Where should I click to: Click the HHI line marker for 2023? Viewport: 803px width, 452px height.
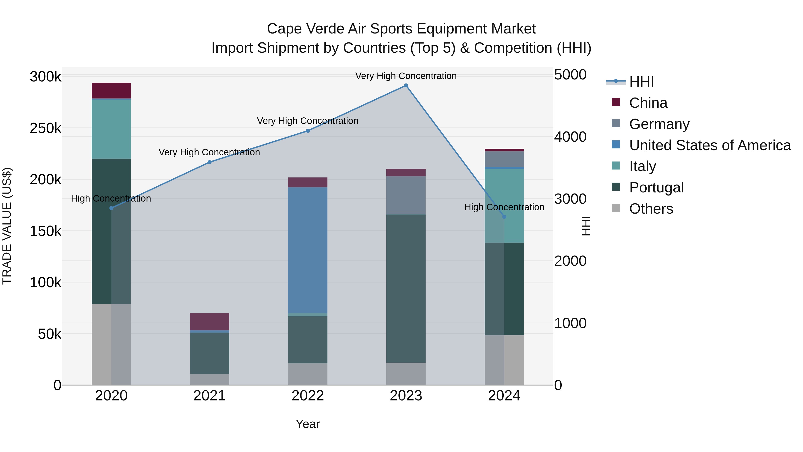coord(406,85)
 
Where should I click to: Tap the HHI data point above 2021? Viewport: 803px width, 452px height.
coord(209,162)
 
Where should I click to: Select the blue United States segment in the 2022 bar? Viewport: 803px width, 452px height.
coord(308,250)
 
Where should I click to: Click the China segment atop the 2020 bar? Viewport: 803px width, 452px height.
coord(111,90)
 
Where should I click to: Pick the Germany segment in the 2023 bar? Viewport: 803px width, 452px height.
coord(406,195)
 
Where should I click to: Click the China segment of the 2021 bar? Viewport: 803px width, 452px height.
coord(209,321)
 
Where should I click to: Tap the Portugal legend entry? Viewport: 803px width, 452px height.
coord(656,187)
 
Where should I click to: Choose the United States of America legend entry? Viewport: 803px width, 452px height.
coord(710,145)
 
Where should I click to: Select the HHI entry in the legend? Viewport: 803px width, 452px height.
coord(641,82)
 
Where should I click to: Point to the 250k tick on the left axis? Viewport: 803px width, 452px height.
coord(46,128)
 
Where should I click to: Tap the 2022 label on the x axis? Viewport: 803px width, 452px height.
coord(308,396)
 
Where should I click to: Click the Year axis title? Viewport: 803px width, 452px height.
coord(308,424)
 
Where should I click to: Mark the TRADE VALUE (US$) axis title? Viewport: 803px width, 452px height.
coord(7,226)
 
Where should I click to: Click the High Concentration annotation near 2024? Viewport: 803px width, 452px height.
coord(504,207)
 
